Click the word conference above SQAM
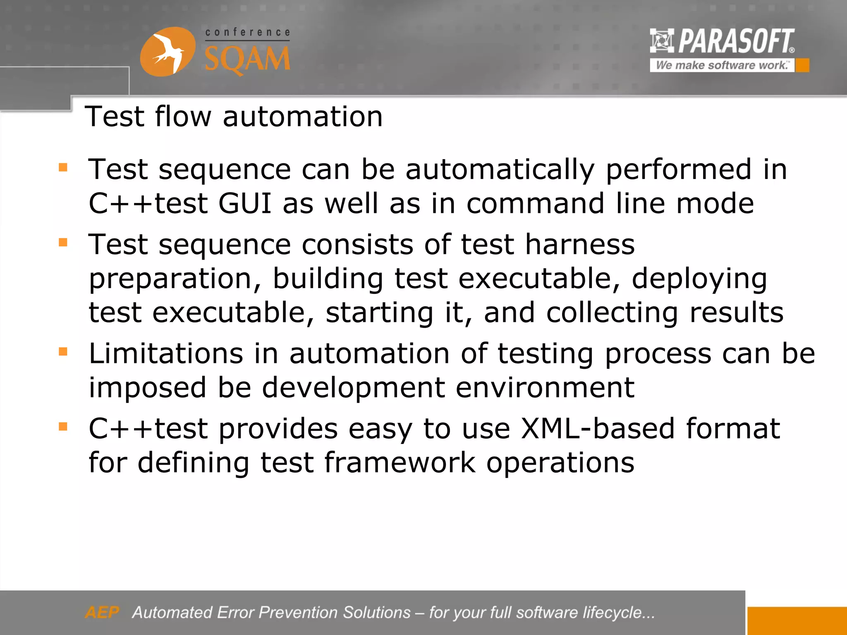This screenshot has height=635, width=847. [248, 32]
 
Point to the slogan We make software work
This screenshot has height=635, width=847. [722, 65]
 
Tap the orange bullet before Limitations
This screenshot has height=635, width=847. [63, 352]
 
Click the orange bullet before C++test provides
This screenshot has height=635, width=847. [63, 427]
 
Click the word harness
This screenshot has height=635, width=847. [580, 244]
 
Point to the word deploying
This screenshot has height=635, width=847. [699, 279]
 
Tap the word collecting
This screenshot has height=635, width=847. [612, 313]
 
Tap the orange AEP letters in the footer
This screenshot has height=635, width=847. [102, 612]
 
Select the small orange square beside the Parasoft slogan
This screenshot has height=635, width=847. [802, 65]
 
